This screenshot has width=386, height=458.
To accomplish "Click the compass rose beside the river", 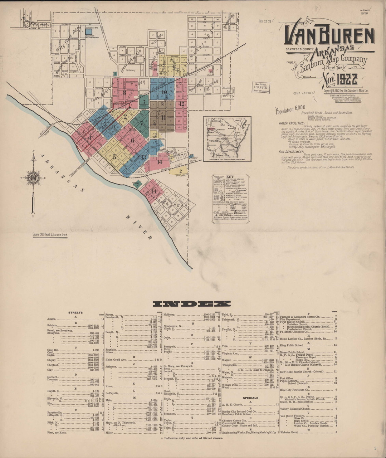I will pos(33,178).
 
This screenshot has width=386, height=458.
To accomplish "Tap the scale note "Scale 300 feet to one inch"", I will pos(50,235).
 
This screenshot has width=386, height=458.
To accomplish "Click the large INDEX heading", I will pos(186,304).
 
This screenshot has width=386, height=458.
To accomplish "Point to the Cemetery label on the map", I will pos(131,70).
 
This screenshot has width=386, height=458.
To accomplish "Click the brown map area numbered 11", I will pos(163,117).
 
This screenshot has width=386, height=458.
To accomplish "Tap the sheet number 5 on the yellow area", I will pos(115,156).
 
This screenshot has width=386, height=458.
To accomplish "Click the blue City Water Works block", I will pos(89,32).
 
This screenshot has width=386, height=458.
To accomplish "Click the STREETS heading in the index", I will pos(75,312).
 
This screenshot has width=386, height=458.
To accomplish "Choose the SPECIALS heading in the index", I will pos(250,398).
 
